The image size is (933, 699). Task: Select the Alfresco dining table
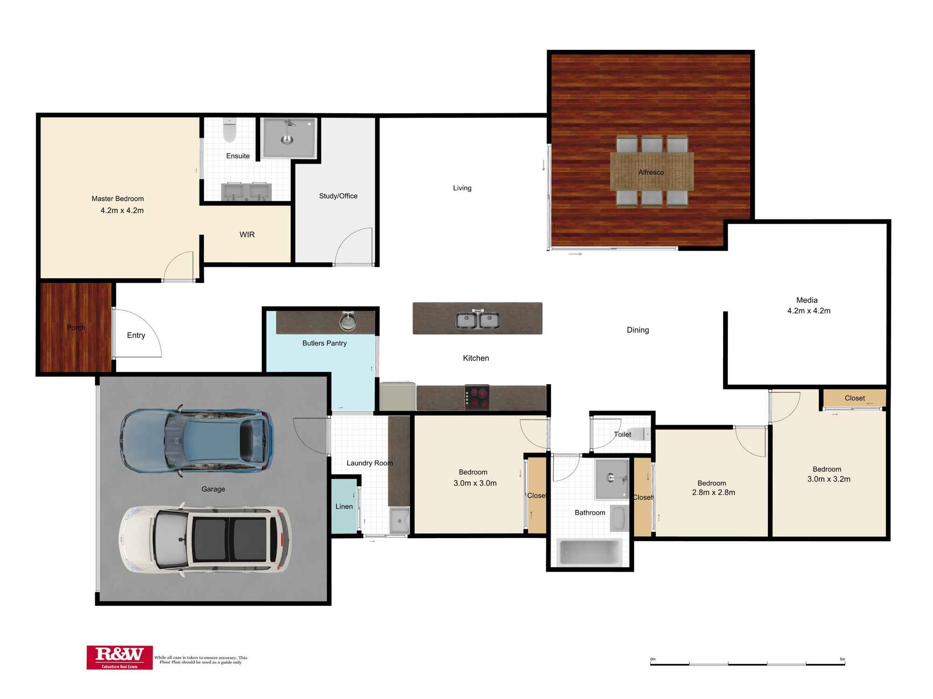(652, 171)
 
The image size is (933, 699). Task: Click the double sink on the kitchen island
(478, 320)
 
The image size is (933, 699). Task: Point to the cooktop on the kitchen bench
(477, 397)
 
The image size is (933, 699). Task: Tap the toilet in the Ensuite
(230, 130)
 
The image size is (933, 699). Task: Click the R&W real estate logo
(119, 657)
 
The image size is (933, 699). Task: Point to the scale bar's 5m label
(842, 659)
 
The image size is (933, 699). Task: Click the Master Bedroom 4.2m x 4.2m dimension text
(122, 211)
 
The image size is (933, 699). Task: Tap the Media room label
(807, 300)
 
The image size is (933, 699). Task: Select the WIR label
(247, 234)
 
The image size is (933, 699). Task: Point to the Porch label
(76, 328)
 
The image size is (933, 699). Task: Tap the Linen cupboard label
(344, 507)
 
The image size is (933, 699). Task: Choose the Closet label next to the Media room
(854, 398)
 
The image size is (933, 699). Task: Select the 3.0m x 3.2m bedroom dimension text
(829, 479)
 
